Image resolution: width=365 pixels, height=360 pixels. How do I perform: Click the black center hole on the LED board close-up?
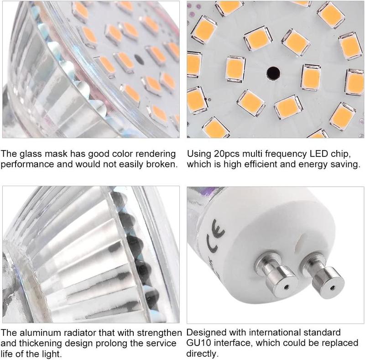(273, 73)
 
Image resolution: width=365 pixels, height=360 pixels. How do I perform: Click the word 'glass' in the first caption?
(31, 154)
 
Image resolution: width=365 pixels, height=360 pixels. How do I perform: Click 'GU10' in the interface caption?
(198, 343)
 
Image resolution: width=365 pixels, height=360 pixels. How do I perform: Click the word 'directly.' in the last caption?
(202, 354)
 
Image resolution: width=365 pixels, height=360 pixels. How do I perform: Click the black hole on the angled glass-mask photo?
(139, 59)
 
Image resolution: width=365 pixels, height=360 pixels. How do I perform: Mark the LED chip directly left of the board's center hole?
(235, 69)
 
